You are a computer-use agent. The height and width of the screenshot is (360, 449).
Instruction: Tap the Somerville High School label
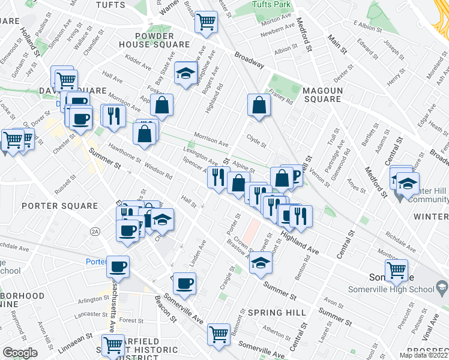391,289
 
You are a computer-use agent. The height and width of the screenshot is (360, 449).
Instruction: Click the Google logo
20,353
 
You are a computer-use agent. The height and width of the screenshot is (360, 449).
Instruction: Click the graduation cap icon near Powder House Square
186,74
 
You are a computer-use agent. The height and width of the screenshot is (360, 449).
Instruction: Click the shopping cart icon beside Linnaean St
112,345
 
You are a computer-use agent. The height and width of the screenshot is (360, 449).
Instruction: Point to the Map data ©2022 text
423,355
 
